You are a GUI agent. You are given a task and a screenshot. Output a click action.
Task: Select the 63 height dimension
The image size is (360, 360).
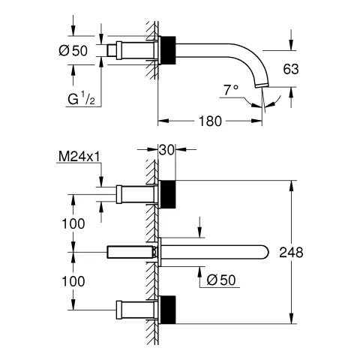point(292,69)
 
